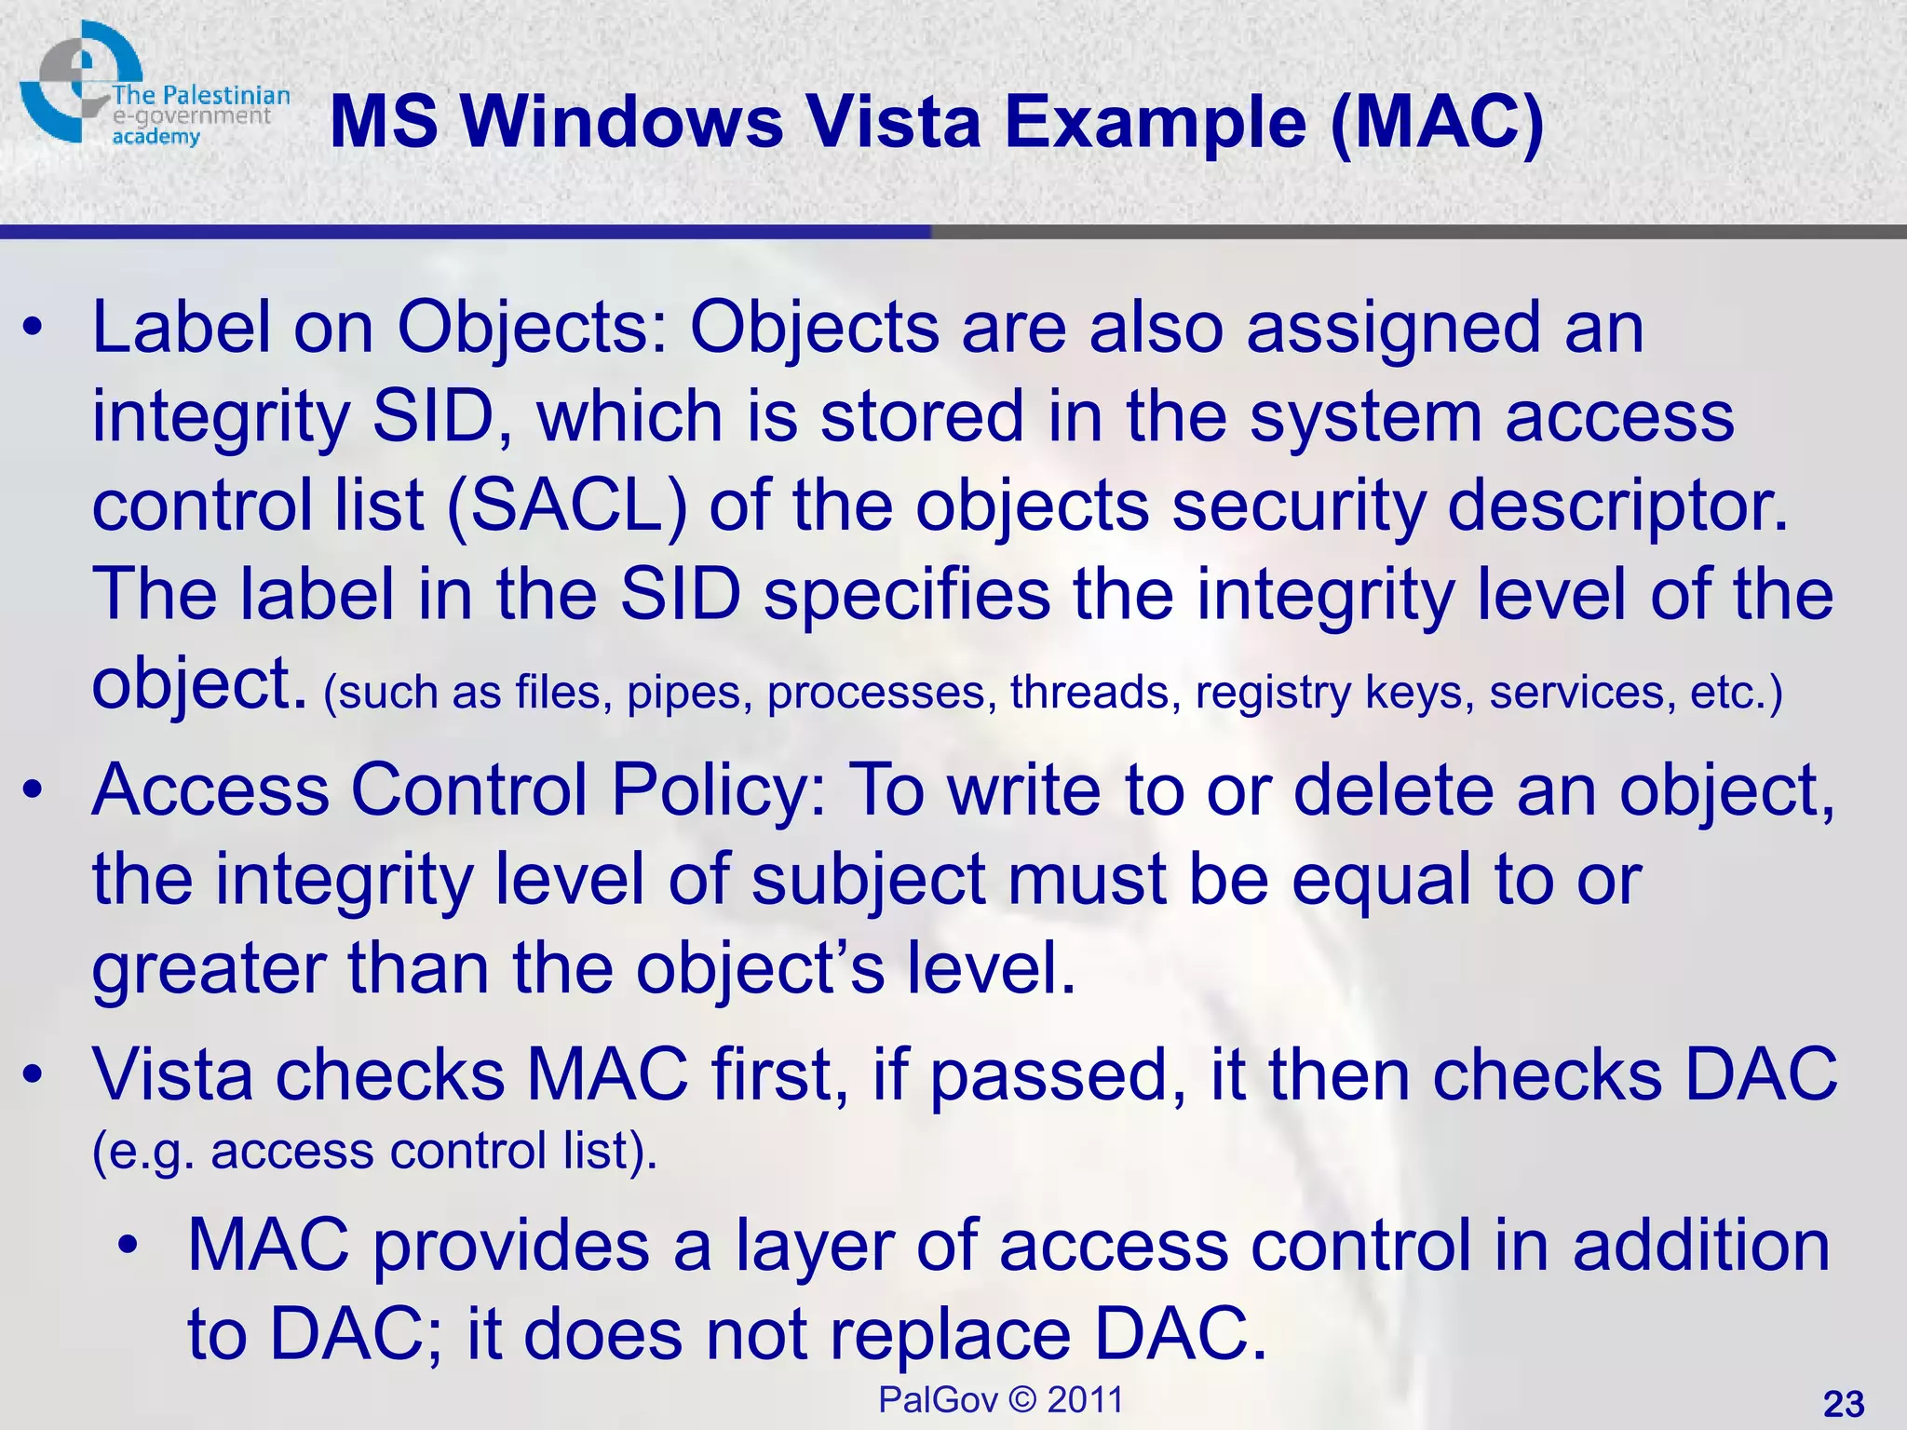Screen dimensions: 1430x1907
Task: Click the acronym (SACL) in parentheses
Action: [x=566, y=505]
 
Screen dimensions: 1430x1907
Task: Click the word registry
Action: [x=1273, y=692]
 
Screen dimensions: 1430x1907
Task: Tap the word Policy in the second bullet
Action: [x=717, y=789]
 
